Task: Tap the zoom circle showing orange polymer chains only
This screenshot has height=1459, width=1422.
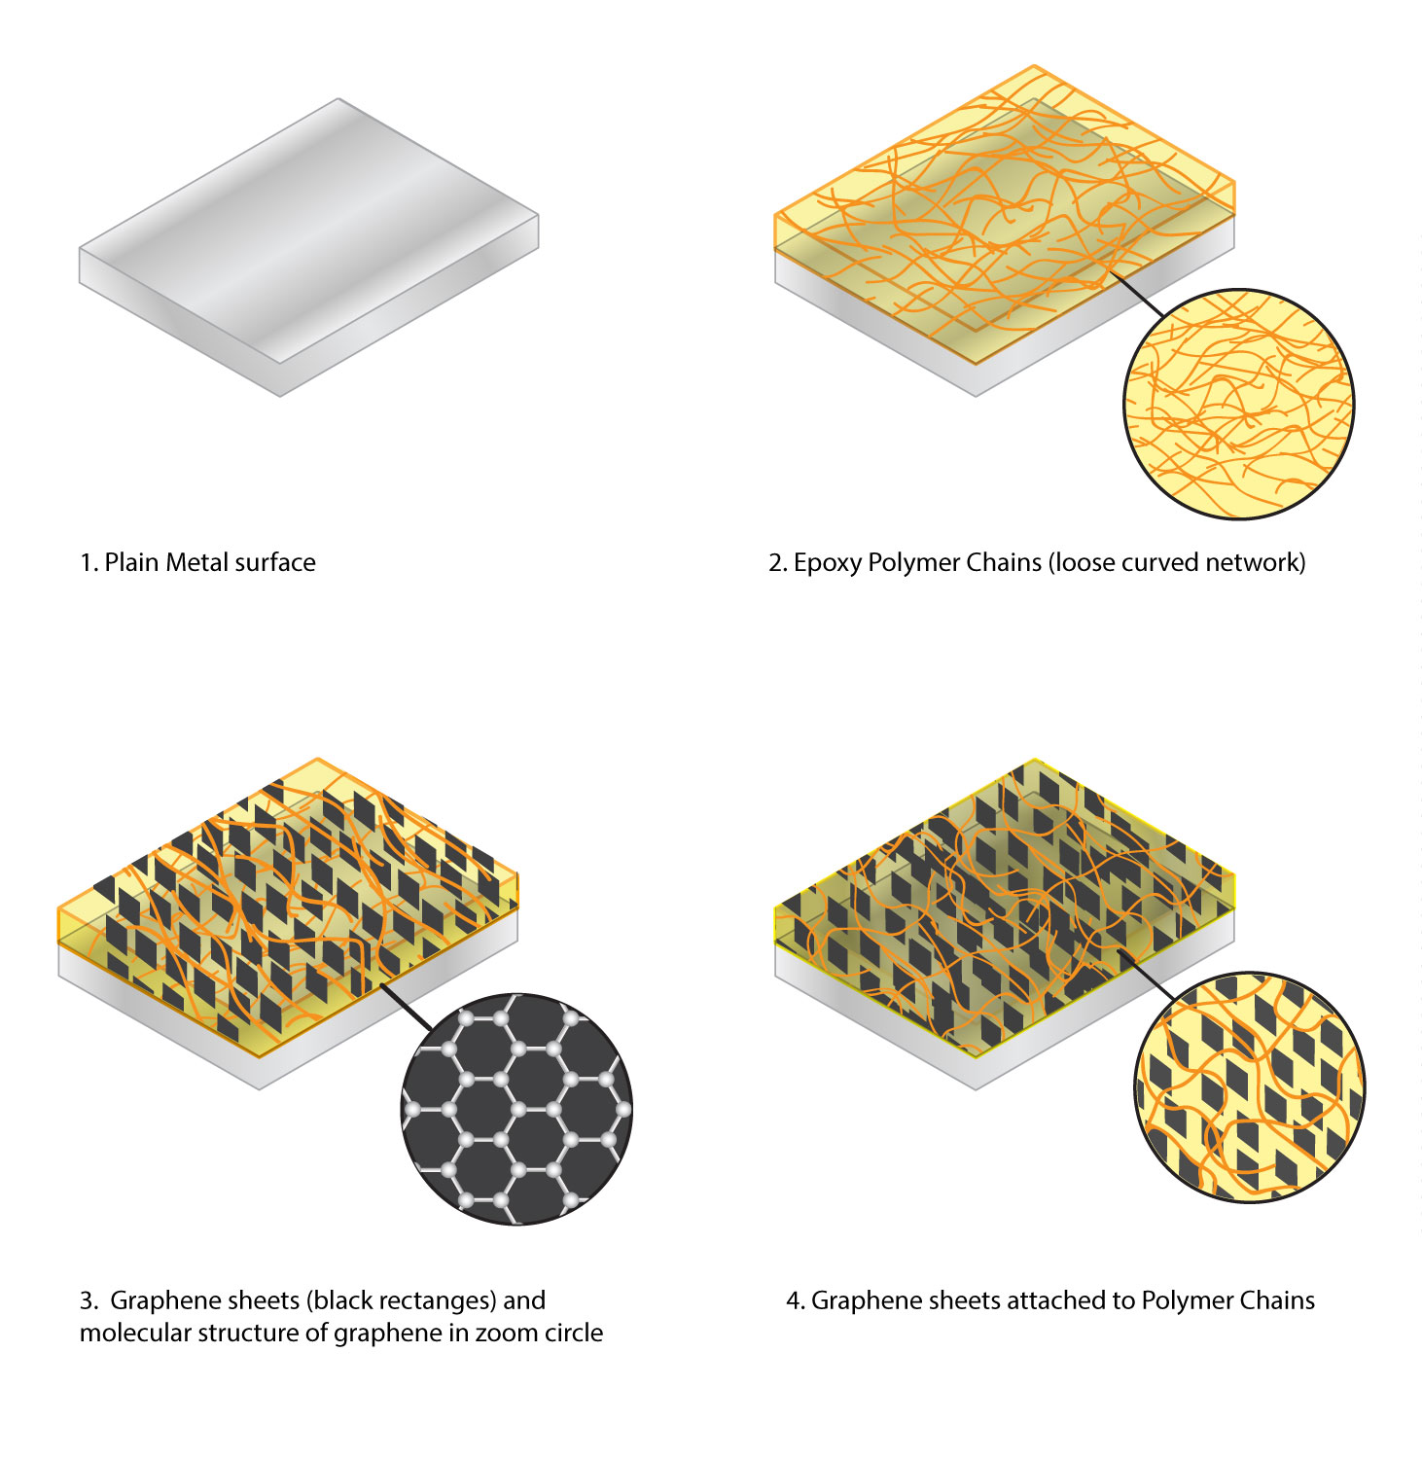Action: click(1238, 404)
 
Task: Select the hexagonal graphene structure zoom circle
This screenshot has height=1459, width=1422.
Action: click(516, 1109)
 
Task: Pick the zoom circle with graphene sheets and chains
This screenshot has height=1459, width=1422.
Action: click(1250, 1088)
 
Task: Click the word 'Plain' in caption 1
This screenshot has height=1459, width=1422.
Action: click(131, 562)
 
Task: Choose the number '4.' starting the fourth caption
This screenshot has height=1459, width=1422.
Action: click(795, 1301)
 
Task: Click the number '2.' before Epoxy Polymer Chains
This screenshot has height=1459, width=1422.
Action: click(777, 563)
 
